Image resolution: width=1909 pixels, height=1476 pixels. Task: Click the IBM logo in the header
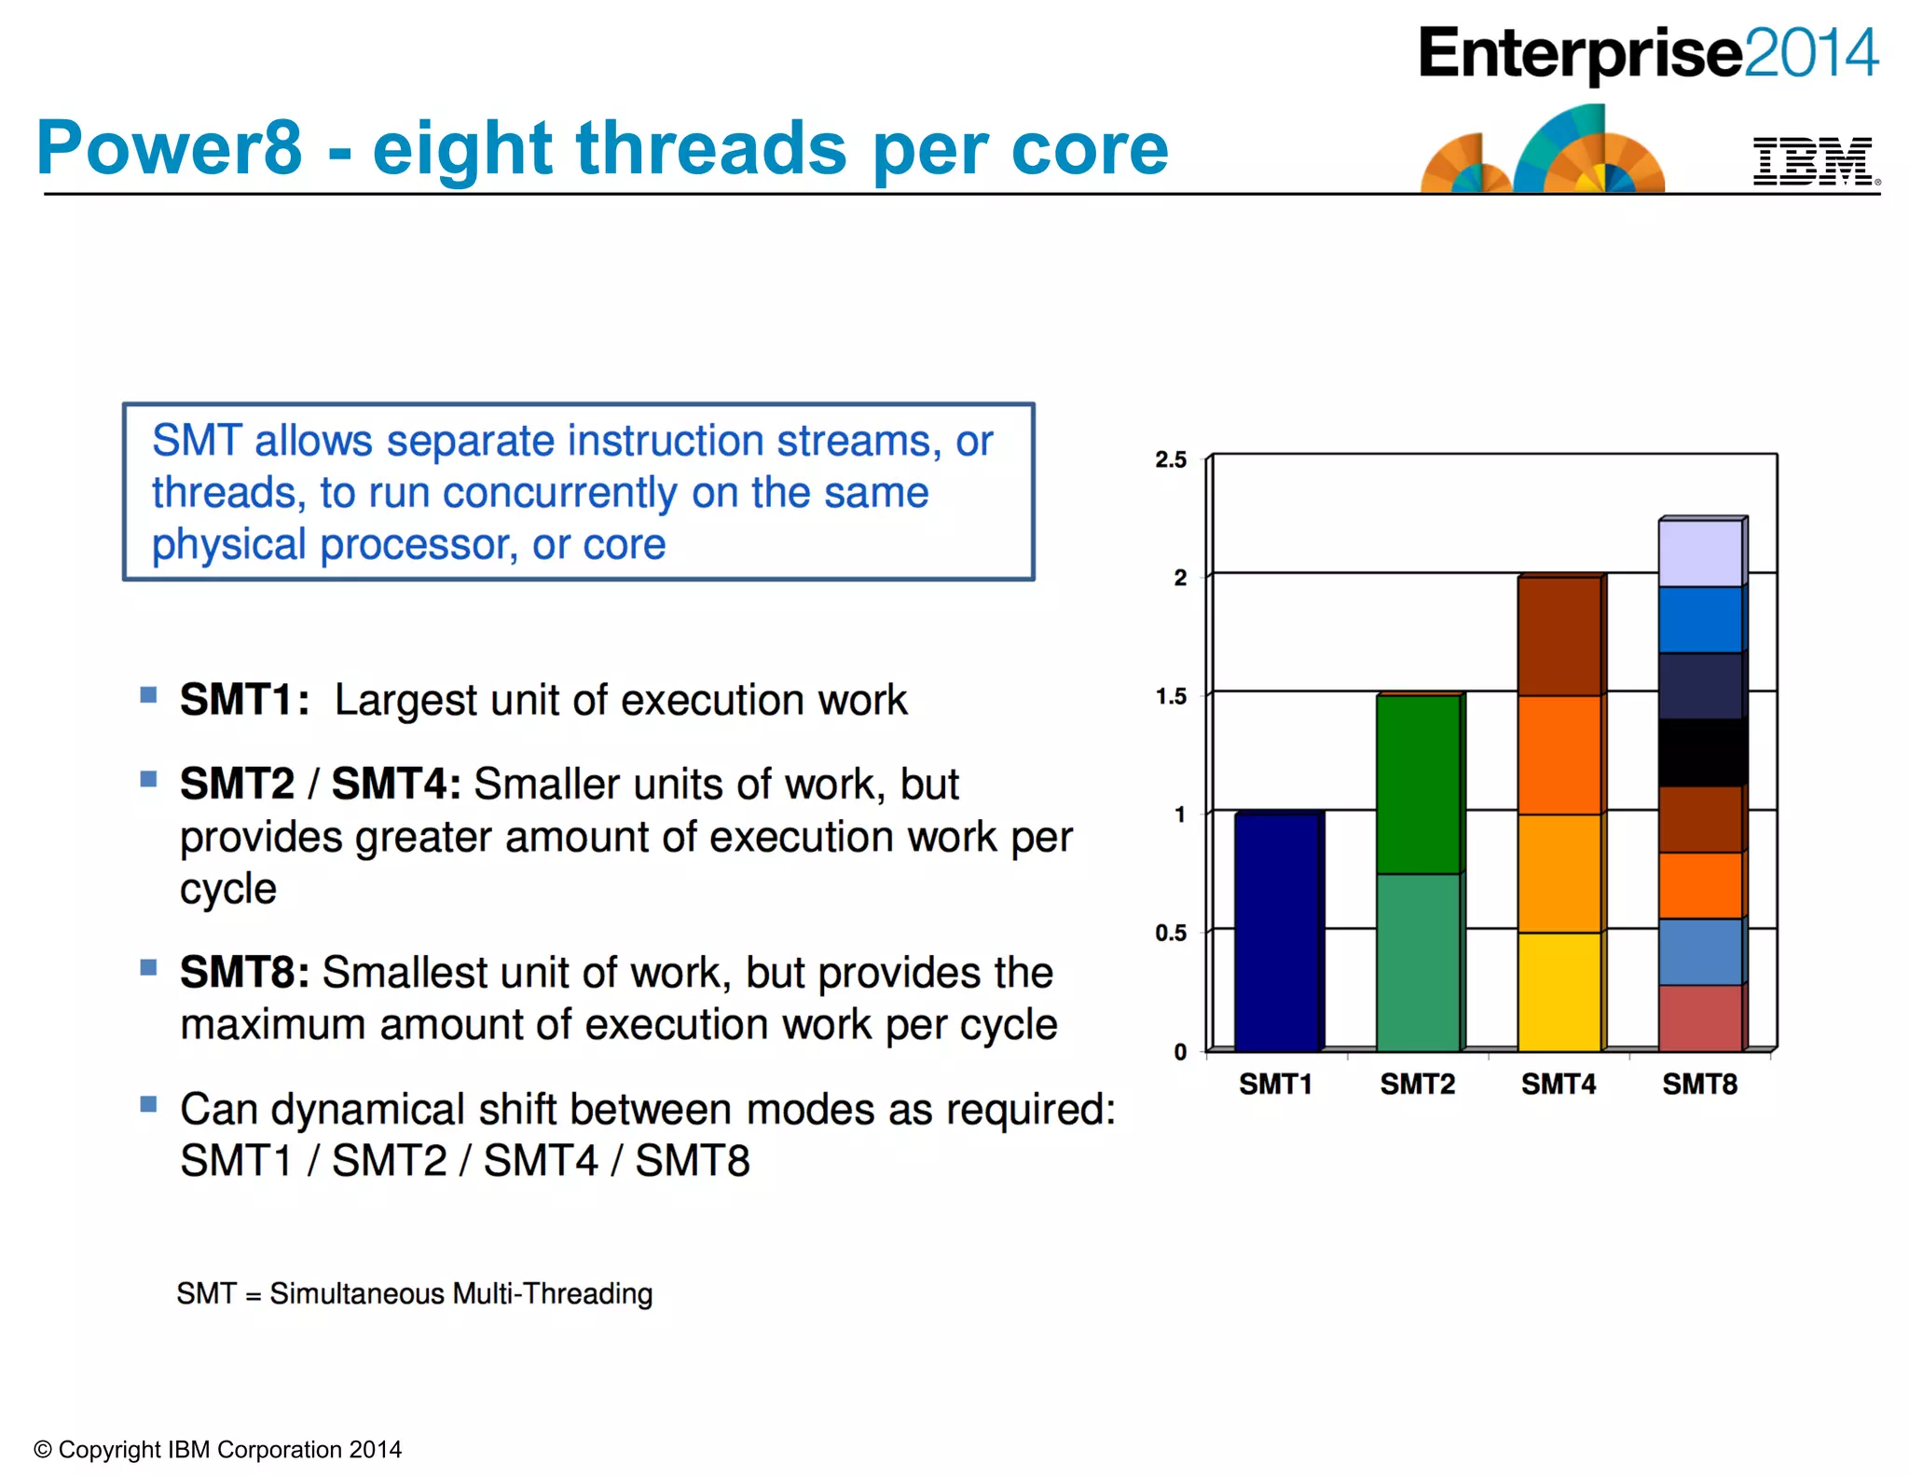pyautogui.click(x=1812, y=161)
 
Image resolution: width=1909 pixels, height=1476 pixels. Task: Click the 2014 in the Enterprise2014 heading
pyautogui.click(x=1810, y=53)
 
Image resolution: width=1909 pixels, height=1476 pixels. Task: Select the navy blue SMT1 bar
pyautogui.click(x=1276, y=932)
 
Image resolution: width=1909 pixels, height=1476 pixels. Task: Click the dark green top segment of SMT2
pyautogui.click(x=1418, y=784)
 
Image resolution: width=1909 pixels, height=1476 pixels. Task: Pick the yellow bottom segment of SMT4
pyautogui.click(x=1559, y=991)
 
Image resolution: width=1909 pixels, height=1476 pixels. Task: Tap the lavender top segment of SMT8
pyautogui.click(x=1699, y=553)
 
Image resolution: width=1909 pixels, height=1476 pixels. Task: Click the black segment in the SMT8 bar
pyautogui.click(x=1699, y=753)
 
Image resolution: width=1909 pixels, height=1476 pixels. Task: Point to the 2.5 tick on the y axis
pyautogui.click(x=1171, y=459)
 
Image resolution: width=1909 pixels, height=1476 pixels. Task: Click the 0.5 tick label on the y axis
pyautogui.click(x=1171, y=933)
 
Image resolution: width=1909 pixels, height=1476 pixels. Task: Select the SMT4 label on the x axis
pyautogui.click(x=1559, y=1085)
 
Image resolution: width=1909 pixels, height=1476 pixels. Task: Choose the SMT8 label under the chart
pyautogui.click(x=1699, y=1085)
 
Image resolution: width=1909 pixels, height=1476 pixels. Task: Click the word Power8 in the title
pyautogui.click(x=170, y=148)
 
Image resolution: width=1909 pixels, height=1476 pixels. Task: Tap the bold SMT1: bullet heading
pyautogui.click(x=244, y=700)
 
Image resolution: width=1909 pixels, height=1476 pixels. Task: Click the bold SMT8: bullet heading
pyautogui.click(x=244, y=973)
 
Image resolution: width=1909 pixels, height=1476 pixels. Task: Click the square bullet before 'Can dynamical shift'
pyautogui.click(x=148, y=1104)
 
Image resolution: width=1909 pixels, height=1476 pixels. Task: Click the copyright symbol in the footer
pyautogui.click(x=43, y=1450)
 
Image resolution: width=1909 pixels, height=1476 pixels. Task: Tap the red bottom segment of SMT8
pyautogui.click(x=1699, y=1018)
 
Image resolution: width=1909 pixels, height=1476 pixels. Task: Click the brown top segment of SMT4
pyautogui.click(x=1559, y=636)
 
